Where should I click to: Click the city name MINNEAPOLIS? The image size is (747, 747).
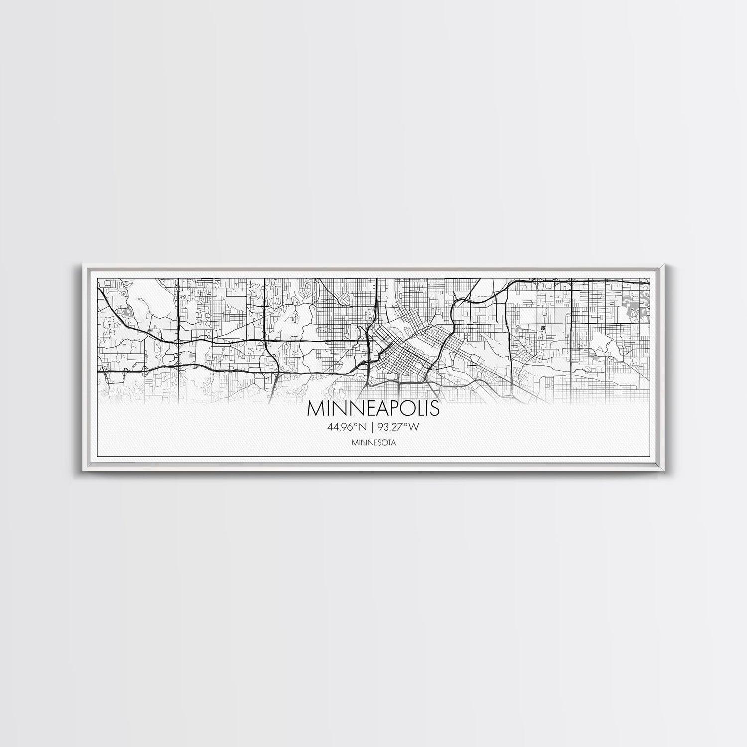pos(373,408)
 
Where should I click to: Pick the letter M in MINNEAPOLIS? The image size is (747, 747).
pos(315,408)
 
